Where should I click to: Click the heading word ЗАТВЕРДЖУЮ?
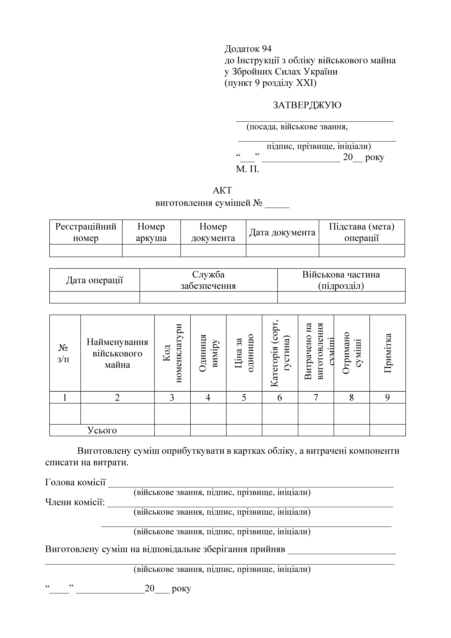click(307, 105)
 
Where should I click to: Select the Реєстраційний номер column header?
click(86, 232)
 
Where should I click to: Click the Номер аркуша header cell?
click(151, 232)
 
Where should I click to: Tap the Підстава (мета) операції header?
click(362, 232)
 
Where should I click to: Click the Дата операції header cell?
click(94, 280)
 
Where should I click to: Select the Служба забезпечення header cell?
click(208, 280)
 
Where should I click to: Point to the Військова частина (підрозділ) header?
click(341, 280)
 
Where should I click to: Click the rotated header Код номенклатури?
click(172, 353)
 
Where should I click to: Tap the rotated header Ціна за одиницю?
click(244, 353)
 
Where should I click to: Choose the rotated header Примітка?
click(387, 353)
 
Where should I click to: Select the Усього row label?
click(102, 430)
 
